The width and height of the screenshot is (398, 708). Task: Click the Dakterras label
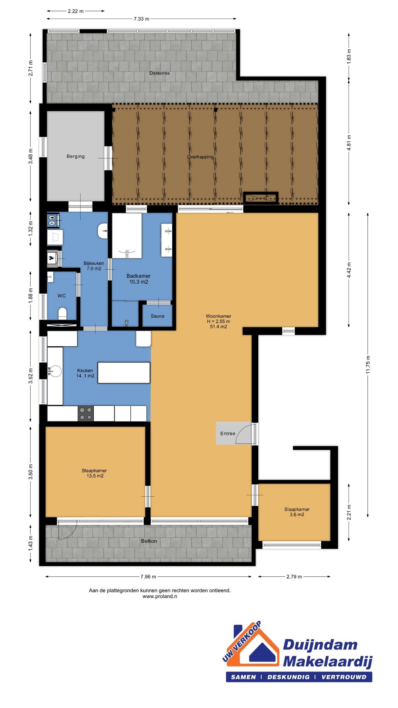pos(160,73)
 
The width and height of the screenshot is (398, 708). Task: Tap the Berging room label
pos(76,156)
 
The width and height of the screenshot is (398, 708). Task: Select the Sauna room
pos(157,316)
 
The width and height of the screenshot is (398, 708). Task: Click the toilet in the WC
pos(62,313)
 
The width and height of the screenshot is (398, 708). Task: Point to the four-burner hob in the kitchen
pos(85,413)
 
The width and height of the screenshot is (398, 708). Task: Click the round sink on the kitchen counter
pos(56,371)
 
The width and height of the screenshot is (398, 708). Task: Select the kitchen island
pos(124,373)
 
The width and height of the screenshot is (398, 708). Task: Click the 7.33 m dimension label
pos(142,19)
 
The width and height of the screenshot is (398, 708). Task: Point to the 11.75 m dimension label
pos(368,365)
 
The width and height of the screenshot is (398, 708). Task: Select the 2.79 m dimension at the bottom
pos(294,577)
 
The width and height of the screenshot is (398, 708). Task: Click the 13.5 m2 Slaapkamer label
pos(95,473)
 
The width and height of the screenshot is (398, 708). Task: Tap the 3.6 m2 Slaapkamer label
pos(297,512)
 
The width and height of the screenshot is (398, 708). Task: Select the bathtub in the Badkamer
pos(127,236)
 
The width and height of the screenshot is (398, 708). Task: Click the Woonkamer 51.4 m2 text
pos(218,327)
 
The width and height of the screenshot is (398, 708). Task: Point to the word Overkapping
pos(200,157)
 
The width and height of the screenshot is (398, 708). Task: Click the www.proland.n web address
pos(160,596)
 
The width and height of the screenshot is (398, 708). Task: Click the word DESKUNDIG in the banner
pos(288,677)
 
